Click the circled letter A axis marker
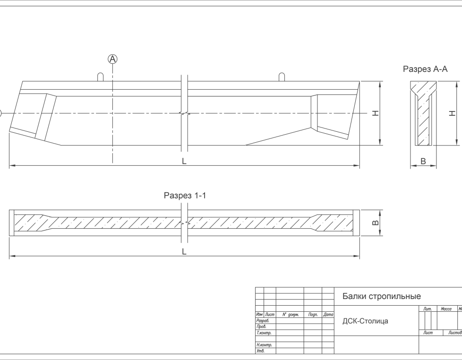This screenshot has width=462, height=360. [112, 59]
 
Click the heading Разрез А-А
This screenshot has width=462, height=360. [425, 69]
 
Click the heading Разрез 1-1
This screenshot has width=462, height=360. [184, 195]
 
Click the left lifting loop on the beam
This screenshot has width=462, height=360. [101, 77]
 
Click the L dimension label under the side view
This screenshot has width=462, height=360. [184, 161]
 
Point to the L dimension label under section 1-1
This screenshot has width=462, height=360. [184, 252]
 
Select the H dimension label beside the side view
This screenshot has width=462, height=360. [375, 113]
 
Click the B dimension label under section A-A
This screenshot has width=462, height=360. [423, 161]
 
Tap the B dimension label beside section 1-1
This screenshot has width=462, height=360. [375, 223]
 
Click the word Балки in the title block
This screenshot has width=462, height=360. [353, 297]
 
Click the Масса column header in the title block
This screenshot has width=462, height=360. [446, 309]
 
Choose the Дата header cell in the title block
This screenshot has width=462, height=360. [328, 314]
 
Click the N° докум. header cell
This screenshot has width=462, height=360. [291, 314]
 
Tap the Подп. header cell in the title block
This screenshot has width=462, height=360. [313, 314]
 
